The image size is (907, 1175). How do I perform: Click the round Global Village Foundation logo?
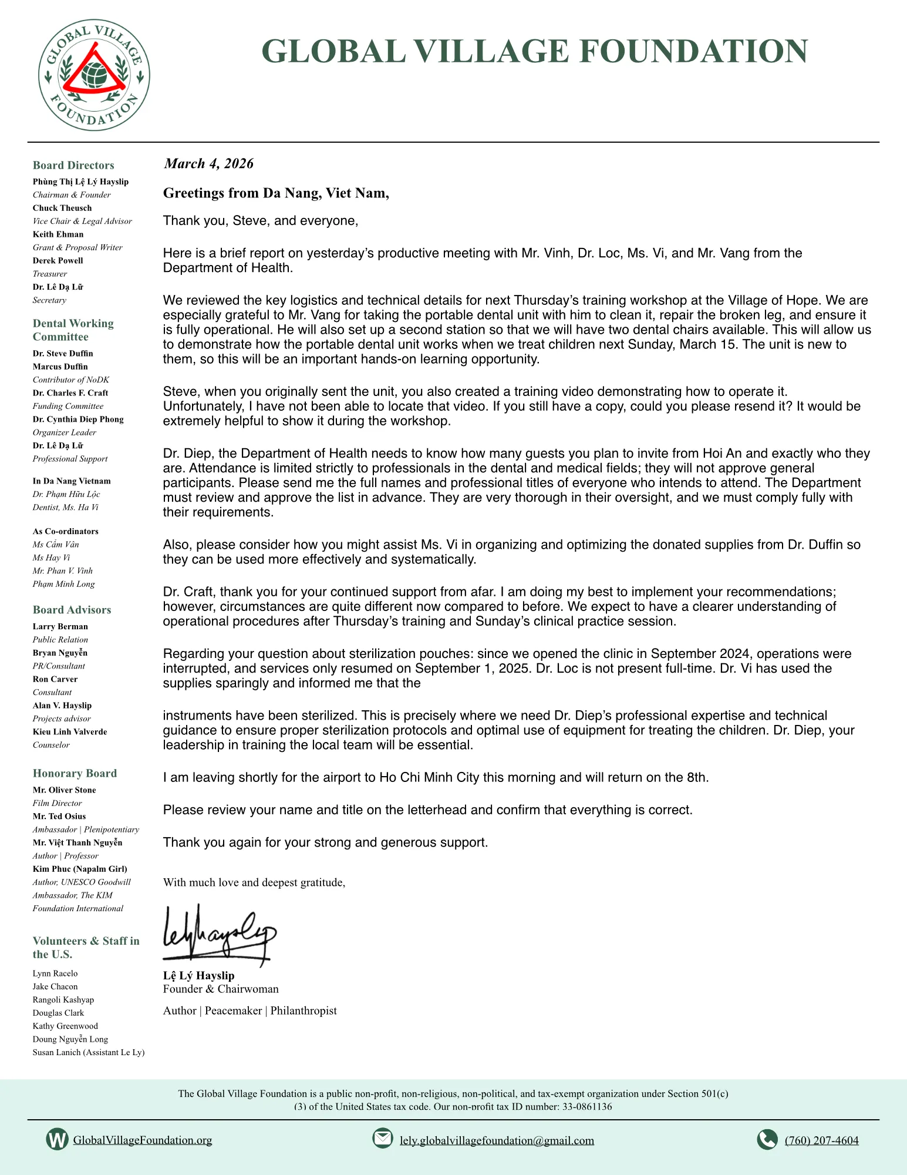point(94,75)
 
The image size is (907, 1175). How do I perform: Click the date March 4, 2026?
point(208,163)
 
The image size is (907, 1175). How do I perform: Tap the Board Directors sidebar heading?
point(73,165)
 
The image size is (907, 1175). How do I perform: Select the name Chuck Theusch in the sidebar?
point(62,208)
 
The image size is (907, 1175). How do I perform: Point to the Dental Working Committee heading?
point(73,330)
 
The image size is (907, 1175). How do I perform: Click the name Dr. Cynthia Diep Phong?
point(78,419)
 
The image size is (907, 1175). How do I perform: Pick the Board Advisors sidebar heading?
point(72,610)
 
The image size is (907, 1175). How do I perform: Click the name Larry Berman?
point(60,626)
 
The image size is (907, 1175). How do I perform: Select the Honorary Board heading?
point(75,773)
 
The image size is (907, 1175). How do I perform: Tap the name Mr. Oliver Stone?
point(64,790)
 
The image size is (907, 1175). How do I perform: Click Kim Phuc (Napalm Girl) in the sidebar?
point(80,869)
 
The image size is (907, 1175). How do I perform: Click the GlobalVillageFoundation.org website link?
point(143,1140)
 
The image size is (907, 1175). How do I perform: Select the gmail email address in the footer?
point(497,1140)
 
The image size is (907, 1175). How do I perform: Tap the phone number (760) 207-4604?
point(821,1140)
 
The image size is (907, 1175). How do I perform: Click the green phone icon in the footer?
point(767,1139)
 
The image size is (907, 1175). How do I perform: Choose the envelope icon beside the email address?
point(383,1138)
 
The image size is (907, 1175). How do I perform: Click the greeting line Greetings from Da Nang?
point(276,193)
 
